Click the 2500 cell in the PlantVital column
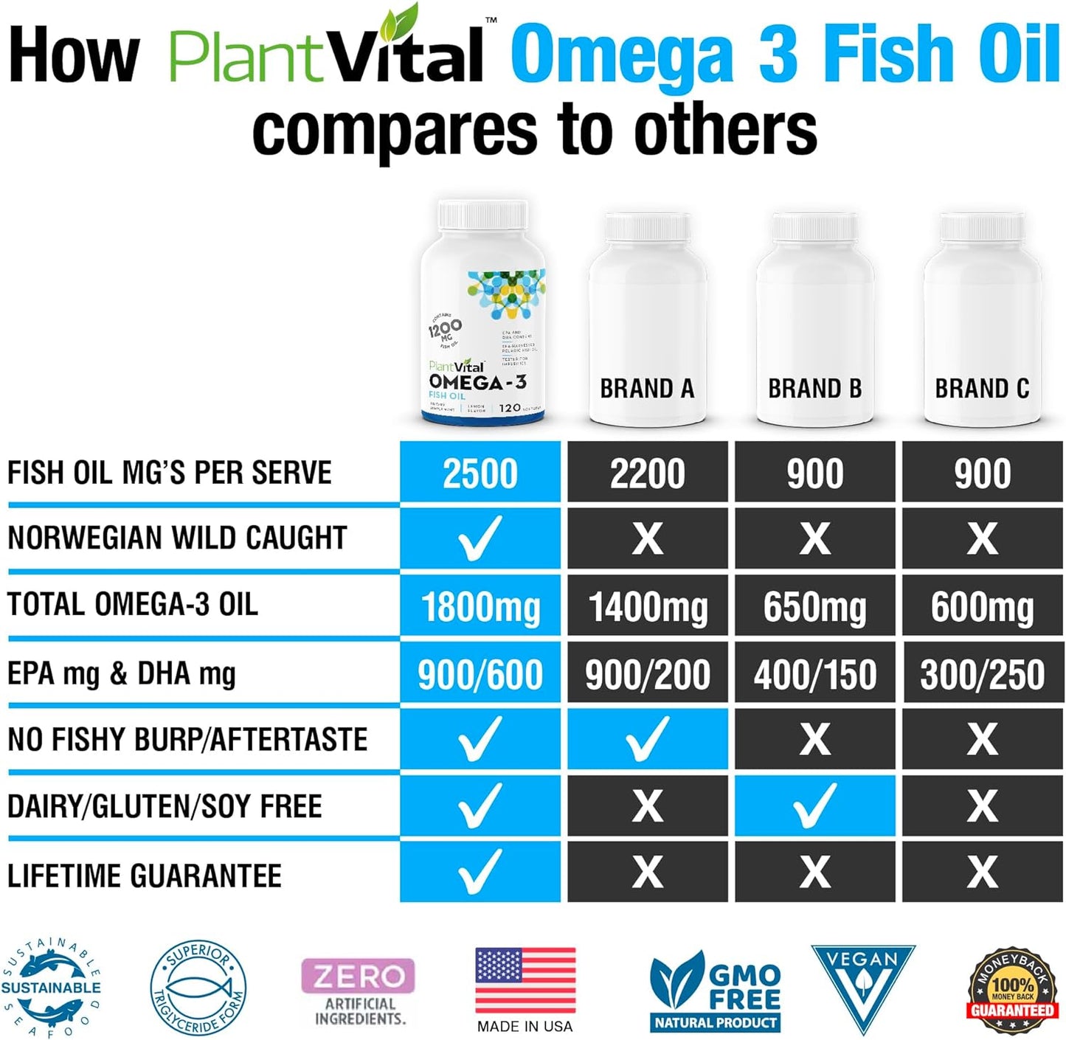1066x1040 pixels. pos(480,473)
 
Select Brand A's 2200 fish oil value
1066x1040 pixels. pos(647,473)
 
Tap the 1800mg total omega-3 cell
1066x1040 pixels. pos(480,607)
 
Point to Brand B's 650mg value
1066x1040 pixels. pos(814,607)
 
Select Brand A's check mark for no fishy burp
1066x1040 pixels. pos(647,739)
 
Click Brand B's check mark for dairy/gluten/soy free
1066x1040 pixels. pos(814,805)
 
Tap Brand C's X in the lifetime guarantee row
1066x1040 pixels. pos(982,872)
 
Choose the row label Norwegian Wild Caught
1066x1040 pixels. pos(177,538)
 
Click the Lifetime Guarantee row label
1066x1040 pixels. pos(145,876)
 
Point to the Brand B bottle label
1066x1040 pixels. pos(814,389)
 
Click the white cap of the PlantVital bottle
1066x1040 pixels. pos(482,215)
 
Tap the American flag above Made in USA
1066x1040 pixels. pos(525,980)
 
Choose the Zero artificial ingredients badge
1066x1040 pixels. pos(359,990)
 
